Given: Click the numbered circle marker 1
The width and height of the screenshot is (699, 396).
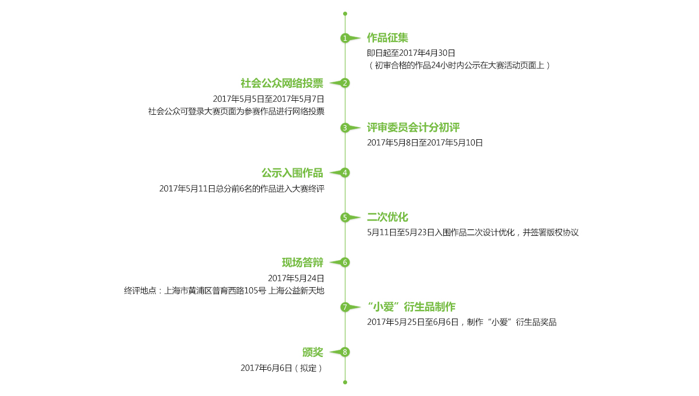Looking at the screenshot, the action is (x=345, y=38).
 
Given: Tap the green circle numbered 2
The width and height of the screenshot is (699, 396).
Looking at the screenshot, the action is (x=345, y=83).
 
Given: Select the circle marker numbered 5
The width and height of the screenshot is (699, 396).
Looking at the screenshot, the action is (x=345, y=217).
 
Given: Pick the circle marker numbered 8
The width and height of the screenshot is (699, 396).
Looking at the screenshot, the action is (x=345, y=352).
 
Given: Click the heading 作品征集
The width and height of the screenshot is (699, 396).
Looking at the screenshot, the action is (x=387, y=38).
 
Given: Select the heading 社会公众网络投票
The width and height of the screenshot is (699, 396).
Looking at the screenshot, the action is (x=282, y=83).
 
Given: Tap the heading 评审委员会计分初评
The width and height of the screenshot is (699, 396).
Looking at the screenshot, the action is (x=413, y=128).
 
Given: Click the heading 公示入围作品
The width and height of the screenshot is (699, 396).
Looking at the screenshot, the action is (x=292, y=173).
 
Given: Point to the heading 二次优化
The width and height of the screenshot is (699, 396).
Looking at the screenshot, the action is (x=387, y=217).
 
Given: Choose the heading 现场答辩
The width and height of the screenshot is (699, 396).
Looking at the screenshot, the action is (x=302, y=263).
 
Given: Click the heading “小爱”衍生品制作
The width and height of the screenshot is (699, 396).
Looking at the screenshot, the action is (x=411, y=307).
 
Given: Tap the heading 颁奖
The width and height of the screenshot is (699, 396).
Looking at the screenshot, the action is (x=313, y=352).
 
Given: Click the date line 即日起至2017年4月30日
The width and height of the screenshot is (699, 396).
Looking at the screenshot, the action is (x=411, y=53).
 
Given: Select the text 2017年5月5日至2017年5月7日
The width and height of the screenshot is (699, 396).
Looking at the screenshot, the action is (x=269, y=99).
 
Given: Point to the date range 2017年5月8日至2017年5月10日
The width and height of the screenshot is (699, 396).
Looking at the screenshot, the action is (x=425, y=143).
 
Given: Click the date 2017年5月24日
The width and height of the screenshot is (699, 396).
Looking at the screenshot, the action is (x=296, y=278).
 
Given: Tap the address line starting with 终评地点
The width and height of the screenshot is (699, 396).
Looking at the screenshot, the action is (x=224, y=291).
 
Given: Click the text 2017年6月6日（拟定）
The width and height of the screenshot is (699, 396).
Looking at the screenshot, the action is (x=282, y=368).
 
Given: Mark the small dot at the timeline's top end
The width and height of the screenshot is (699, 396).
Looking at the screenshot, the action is (x=345, y=14).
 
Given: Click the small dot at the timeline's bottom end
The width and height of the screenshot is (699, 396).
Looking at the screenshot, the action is (x=345, y=382).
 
